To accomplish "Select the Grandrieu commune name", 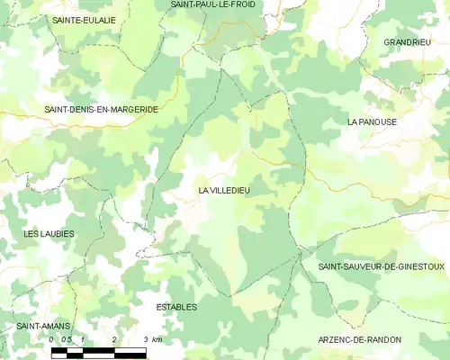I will [x=408, y=42].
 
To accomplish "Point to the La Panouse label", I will [x=373, y=121].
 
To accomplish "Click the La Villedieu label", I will [x=224, y=191].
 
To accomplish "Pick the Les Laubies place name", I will [x=49, y=233].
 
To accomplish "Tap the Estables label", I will [x=176, y=307].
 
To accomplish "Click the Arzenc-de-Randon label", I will [x=360, y=339].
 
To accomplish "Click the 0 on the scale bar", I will [x=52, y=339].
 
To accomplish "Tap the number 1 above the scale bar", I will [x=83, y=339].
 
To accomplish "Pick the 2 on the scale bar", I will [x=114, y=339].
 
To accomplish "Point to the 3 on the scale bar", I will [x=145, y=339].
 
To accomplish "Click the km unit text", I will [x=157, y=339].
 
